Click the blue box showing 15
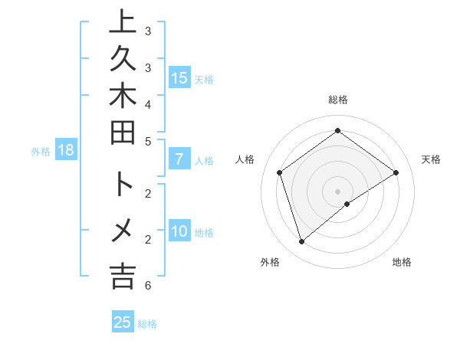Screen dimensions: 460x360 point(179,77)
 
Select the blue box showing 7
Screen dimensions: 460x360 point(179,160)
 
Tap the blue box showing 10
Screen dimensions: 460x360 point(179,231)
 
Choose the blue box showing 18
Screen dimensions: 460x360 point(66,150)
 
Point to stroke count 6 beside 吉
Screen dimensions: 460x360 point(147,286)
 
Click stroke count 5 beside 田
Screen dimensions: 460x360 point(147,141)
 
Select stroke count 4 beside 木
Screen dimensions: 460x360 point(147,103)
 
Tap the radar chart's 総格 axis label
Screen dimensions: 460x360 point(337,100)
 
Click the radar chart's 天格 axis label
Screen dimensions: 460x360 point(431,159)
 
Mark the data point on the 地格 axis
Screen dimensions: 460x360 point(347,204)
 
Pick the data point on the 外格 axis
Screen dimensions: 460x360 point(301,242)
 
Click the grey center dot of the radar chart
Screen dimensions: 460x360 point(337,191)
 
